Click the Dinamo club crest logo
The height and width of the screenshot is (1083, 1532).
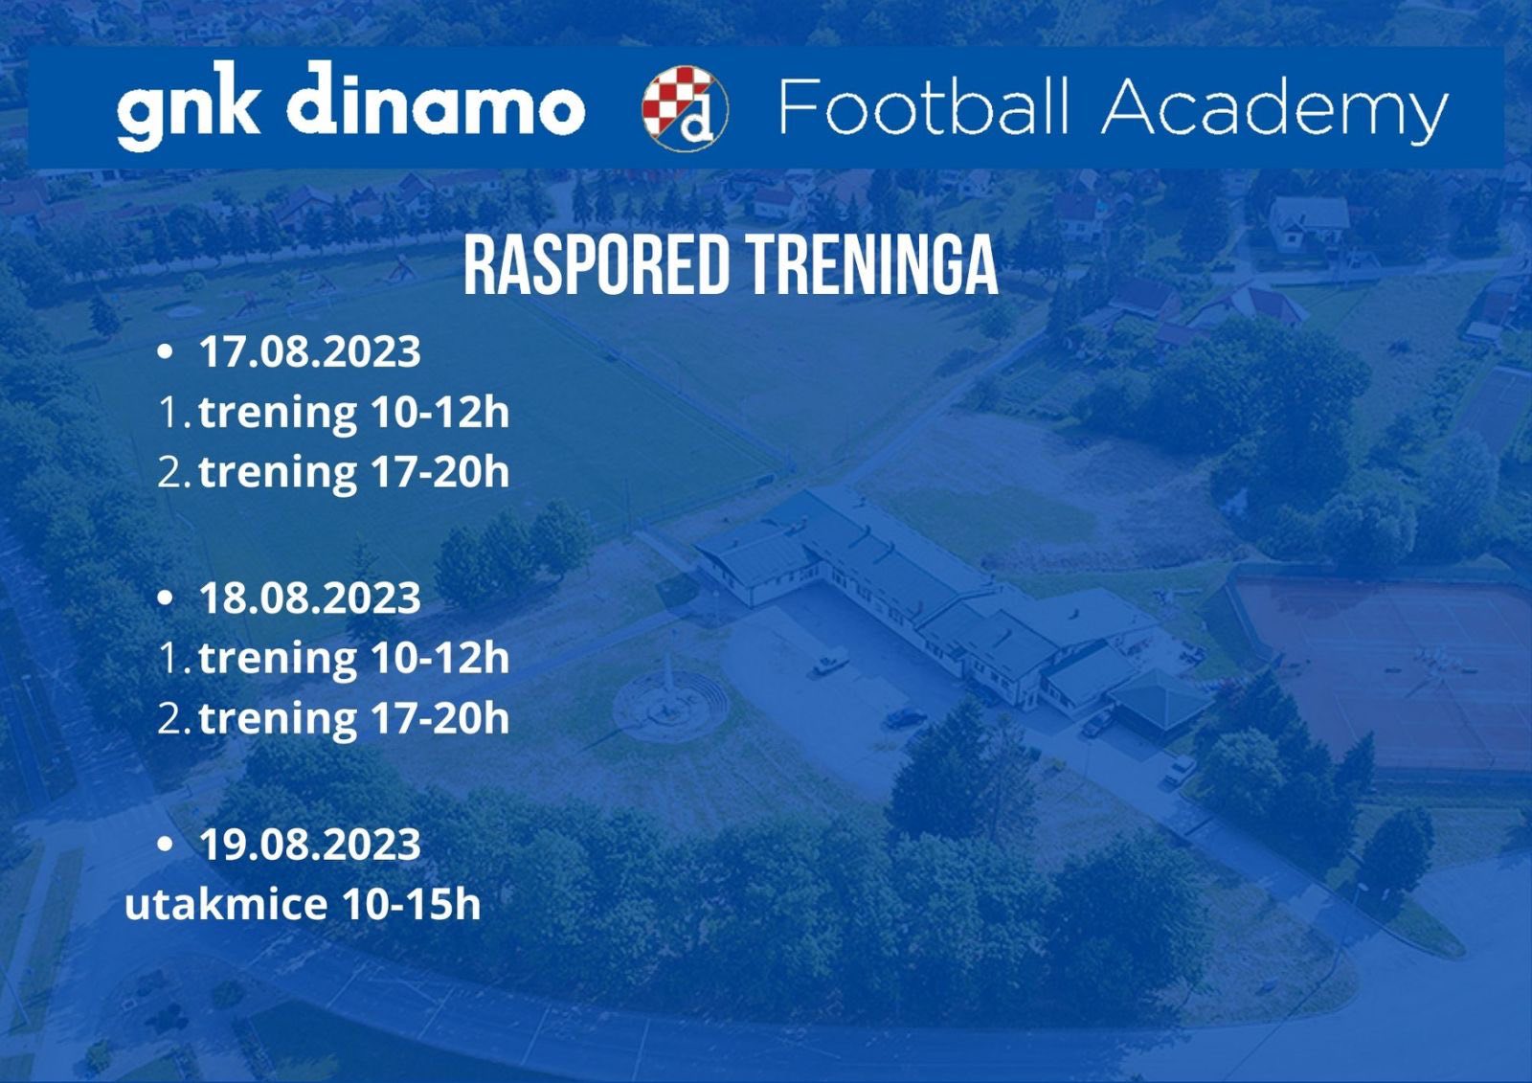pos(685,108)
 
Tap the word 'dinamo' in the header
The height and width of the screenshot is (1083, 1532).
pos(437,100)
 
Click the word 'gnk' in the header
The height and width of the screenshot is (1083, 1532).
pos(189,105)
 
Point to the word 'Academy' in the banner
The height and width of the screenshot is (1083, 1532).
pos(1274,111)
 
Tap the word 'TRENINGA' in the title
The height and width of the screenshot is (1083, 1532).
pos(874,265)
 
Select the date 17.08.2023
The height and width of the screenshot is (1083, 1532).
pos(310,351)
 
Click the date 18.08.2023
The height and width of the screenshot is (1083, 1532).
pos(310,598)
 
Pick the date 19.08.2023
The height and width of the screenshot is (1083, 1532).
pos(310,844)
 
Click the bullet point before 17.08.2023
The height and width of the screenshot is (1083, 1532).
pos(165,351)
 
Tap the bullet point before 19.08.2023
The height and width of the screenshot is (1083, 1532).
pos(165,844)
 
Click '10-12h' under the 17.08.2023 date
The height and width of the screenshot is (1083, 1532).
pos(440,413)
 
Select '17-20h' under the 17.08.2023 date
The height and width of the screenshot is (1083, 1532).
pos(440,473)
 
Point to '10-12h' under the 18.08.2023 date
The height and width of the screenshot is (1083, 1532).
pos(440,658)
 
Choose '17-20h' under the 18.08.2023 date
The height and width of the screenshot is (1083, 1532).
pos(440,718)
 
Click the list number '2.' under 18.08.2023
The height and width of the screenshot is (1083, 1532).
pos(173,719)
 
